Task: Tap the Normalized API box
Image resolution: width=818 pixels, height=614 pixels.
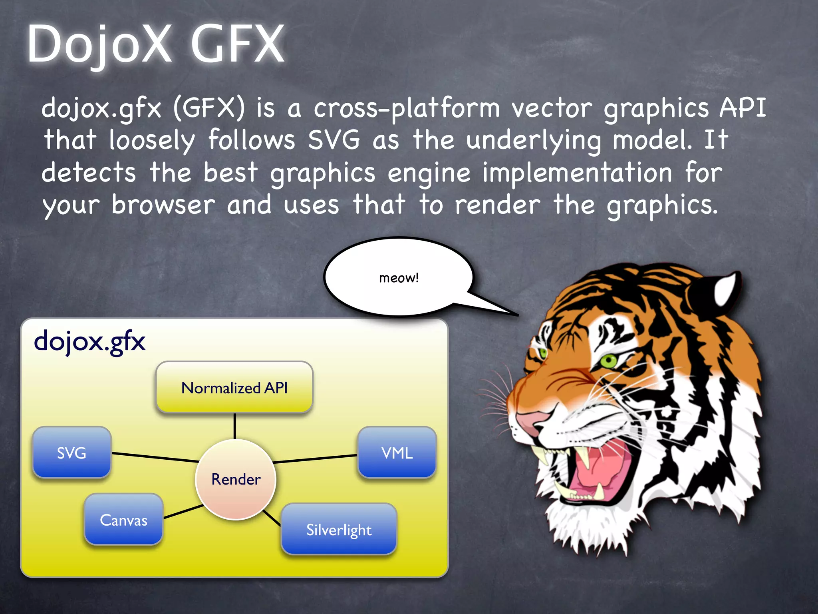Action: click(234, 387)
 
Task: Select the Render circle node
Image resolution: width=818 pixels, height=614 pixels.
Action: click(236, 479)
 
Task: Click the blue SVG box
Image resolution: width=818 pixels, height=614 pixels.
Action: click(72, 453)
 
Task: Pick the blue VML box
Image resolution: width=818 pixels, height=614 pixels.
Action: click(397, 453)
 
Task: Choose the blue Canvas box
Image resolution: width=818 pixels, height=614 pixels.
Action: click(123, 520)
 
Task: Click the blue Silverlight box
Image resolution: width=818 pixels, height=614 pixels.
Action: click(339, 530)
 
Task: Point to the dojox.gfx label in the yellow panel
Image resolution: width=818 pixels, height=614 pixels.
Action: click(89, 342)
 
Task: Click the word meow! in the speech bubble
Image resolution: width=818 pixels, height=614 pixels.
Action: click(399, 277)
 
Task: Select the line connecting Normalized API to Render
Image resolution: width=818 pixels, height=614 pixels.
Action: click(235, 426)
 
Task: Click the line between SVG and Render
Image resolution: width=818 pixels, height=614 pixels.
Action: click(155, 458)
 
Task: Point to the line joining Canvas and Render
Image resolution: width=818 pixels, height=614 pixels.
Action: click(183, 512)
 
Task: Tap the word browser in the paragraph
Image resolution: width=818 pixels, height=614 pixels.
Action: click(163, 205)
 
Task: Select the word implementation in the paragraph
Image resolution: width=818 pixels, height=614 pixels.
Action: click(577, 173)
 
